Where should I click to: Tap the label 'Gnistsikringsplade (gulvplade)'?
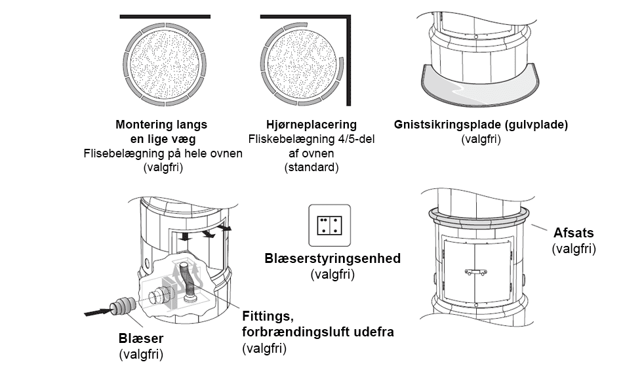tap(481, 125)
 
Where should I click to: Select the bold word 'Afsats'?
tap(573, 233)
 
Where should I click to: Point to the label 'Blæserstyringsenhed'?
tap(332, 258)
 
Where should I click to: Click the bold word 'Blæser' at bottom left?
tap(141, 339)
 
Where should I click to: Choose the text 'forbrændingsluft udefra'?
tap(318, 332)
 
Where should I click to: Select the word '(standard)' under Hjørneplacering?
tap(311, 168)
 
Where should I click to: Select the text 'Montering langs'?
tap(161, 125)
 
